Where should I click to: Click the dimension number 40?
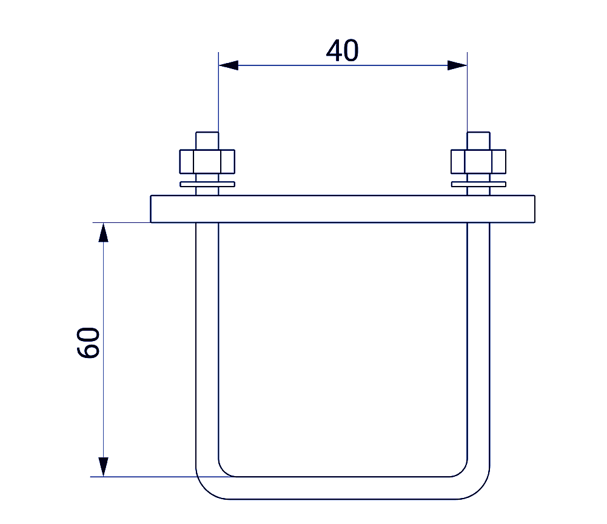[x=342, y=51]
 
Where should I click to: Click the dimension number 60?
[x=89, y=343]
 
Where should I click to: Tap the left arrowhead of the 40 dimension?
[x=229, y=65]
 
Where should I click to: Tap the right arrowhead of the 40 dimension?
[x=457, y=65]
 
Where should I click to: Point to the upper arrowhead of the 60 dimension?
[x=103, y=233]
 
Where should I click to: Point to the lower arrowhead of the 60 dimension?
[x=103, y=467]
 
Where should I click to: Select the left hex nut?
[x=207, y=162]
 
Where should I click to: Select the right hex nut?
[x=478, y=162]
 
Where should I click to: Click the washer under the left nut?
[x=207, y=184]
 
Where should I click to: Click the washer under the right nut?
[x=478, y=184]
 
